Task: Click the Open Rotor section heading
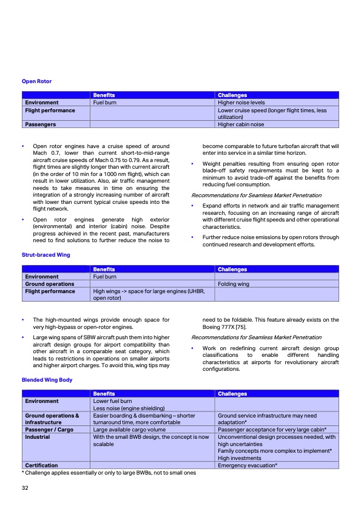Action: tap(36, 81)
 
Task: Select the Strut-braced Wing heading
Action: tap(46, 255)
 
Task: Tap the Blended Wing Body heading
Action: tap(47, 379)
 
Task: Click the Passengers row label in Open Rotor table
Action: tap(41, 124)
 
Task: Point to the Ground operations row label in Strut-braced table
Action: tap(50, 283)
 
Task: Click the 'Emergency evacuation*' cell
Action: tap(248, 465)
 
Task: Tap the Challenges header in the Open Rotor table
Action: tap(232, 95)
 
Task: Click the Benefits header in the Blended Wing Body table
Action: tap(104, 394)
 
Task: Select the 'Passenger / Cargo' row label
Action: tap(51, 430)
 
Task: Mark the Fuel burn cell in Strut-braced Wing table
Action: tap(104, 277)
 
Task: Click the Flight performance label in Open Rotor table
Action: tap(50, 110)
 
